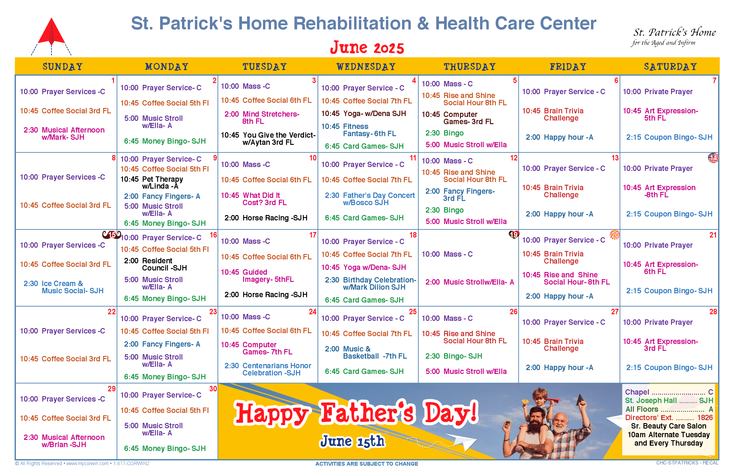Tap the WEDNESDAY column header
(366, 67)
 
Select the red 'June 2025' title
(367, 47)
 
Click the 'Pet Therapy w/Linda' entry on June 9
(152, 183)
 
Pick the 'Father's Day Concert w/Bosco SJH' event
(370, 199)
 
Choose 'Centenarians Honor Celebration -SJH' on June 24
(268, 369)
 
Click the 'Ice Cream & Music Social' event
(64, 287)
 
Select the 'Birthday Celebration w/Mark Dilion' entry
(370, 283)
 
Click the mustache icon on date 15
(112, 235)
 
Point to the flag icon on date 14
(713, 158)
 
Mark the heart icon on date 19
(514, 235)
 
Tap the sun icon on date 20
(615, 235)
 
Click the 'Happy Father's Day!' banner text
(356, 413)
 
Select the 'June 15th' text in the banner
(353, 441)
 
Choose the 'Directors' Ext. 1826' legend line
(669, 418)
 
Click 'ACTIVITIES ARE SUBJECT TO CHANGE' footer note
(367, 464)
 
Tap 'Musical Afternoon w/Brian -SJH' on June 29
(64, 441)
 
